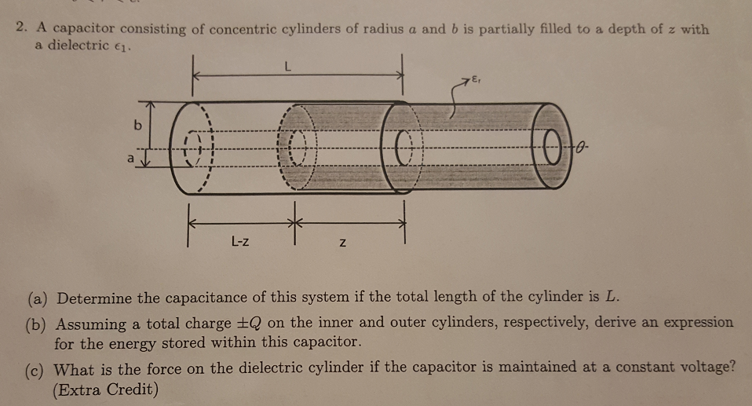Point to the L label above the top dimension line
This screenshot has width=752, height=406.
(x=289, y=68)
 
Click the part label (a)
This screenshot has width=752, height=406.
(x=38, y=298)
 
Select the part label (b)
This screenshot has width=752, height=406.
(x=38, y=324)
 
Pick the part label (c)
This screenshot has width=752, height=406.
(x=38, y=369)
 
